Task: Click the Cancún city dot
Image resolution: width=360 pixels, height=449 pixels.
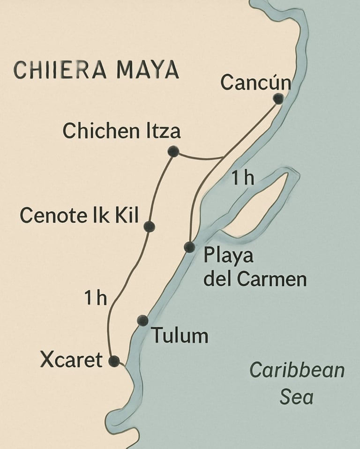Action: point(278,99)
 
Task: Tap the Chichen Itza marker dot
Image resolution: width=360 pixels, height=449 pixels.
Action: point(173,151)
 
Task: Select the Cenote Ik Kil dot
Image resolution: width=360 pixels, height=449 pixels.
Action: point(150,227)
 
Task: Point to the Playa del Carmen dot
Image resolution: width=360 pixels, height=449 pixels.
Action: point(189,247)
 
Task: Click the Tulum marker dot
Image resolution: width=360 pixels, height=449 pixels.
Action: point(143,321)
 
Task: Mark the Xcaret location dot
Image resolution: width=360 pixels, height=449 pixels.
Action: point(114,361)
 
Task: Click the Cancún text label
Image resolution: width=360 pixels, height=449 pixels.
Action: point(255,83)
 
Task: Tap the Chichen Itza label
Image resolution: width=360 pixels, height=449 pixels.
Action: point(121,131)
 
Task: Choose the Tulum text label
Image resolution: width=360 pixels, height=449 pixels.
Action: point(180,336)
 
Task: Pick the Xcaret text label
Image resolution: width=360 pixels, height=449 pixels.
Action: point(71,360)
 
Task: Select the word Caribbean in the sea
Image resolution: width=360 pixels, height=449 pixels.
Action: point(297,370)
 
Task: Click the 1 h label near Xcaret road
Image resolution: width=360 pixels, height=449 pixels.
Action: point(96,298)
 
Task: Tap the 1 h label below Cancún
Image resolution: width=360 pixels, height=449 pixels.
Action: point(242,178)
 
